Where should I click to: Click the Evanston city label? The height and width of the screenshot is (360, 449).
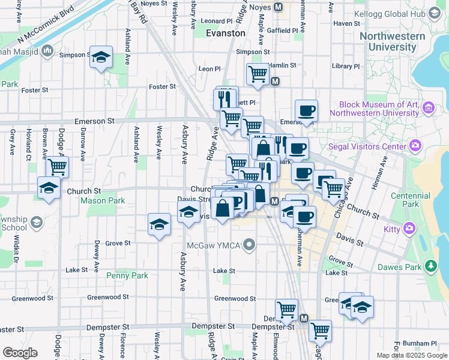tap(226, 34)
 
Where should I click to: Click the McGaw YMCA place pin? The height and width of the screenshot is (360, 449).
tap(252, 244)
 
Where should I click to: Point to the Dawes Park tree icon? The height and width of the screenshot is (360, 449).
tap(430, 266)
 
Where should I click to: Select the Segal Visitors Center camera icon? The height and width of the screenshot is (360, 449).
tap(415, 146)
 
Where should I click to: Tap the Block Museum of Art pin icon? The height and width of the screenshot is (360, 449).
tap(428, 108)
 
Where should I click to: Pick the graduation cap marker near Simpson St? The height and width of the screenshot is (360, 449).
tap(101, 57)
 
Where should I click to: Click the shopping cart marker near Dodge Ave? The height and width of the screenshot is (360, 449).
tap(58, 166)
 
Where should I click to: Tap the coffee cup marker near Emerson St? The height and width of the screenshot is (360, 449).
tap(306, 110)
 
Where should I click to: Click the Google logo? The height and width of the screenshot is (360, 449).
tap(20, 352)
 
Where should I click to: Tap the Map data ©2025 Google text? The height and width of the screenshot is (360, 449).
tap(412, 355)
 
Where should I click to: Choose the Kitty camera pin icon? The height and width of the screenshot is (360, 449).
tap(409, 228)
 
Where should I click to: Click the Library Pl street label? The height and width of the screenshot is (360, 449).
tap(345, 67)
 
